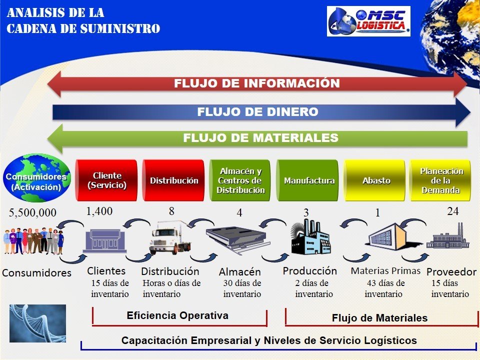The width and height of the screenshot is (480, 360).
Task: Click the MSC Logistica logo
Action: click(368, 21)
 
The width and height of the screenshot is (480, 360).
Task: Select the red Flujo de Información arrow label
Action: click(257, 83)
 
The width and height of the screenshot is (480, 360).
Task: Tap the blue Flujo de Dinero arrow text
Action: click(258, 111)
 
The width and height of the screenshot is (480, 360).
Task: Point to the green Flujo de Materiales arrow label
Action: click(260, 138)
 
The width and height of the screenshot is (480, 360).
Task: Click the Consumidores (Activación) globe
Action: click(36, 178)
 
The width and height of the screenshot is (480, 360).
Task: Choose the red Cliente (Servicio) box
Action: click(106, 180)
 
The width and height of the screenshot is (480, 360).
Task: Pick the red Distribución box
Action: click(173, 180)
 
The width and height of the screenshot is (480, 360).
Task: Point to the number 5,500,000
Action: click(32, 212)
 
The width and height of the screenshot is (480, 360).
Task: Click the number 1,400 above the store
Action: click(99, 211)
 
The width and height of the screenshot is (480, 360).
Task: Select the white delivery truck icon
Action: click(170, 237)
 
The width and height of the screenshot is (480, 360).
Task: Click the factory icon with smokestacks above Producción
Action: click(310, 236)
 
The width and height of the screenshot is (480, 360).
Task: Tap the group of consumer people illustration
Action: click(33, 241)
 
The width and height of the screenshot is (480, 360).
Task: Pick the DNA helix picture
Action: click(37, 323)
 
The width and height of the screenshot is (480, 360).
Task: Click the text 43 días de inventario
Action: click(384, 288)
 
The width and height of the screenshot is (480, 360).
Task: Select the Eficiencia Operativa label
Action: click(177, 315)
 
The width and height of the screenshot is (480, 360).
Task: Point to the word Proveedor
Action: click(451, 272)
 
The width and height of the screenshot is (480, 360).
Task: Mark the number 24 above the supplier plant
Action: click(453, 211)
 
